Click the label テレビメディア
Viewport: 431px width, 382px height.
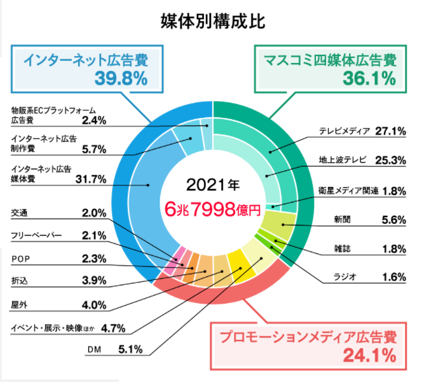pos(344,132)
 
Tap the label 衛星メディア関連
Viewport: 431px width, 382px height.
pos(348,190)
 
